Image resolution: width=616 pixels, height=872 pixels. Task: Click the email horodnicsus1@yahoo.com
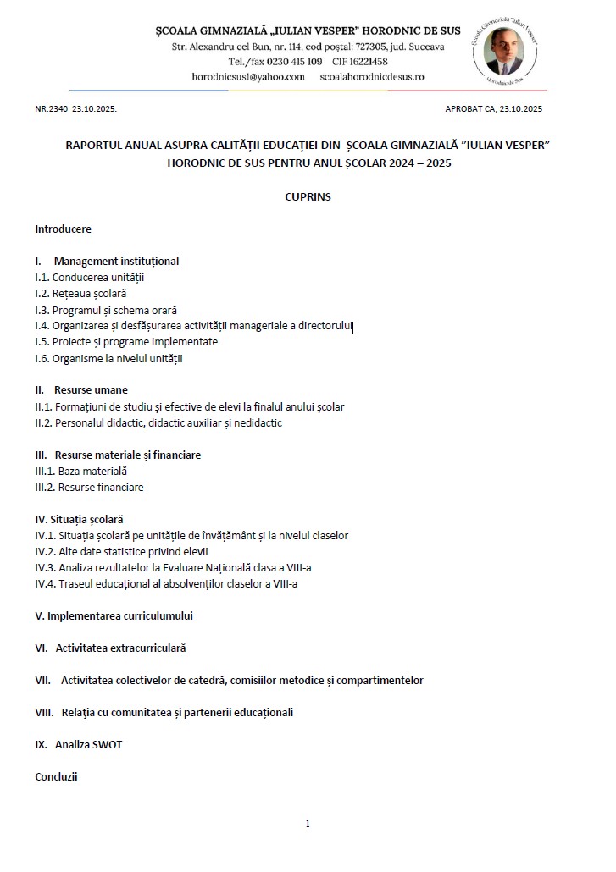(248, 76)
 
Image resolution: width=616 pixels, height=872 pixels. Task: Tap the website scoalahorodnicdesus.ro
(372, 76)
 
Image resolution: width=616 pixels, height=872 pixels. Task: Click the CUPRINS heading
(308, 196)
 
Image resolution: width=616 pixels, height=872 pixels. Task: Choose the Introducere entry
(63, 229)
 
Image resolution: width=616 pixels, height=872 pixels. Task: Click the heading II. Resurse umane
(81, 390)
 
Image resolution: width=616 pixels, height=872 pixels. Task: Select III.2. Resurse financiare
(89, 487)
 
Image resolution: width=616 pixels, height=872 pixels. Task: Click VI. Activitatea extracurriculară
(110, 648)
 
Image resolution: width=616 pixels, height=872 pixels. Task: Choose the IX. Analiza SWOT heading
(84, 744)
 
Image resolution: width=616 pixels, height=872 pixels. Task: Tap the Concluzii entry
(56, 776)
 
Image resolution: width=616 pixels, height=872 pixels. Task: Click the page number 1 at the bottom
(308, 823)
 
